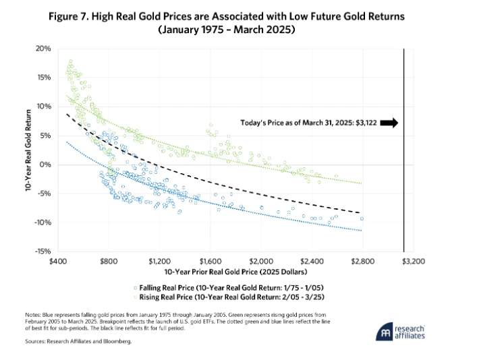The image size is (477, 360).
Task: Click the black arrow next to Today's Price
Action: click(x=390, y=123)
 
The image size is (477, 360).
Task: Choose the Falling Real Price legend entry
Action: click(x=235, y=287)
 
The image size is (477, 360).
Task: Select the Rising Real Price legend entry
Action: click(x=235, y=295)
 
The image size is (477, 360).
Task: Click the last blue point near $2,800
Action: click(x=362, y=218)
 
